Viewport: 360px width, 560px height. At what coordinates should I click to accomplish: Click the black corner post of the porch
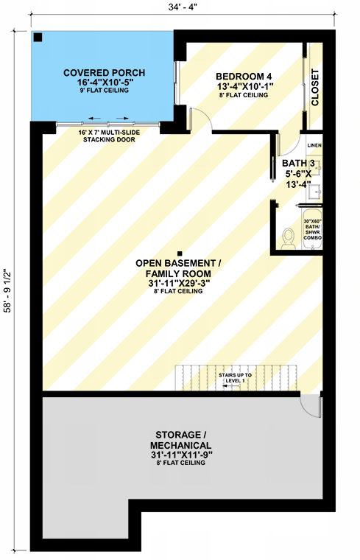(x=38, y=38)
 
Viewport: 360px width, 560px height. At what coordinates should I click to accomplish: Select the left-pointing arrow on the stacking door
(x=93, y=118)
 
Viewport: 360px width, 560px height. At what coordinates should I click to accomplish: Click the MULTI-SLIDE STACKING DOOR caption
(x=109, y=136)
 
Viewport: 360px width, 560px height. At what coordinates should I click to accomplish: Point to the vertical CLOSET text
(x=316, y=88)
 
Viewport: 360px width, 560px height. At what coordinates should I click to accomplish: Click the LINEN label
(x=314, y=146)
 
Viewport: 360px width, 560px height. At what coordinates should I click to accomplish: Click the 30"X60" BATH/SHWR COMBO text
(x=312, y=228)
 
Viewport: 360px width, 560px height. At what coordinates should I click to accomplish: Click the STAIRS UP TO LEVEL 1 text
(x=236, y=379)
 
